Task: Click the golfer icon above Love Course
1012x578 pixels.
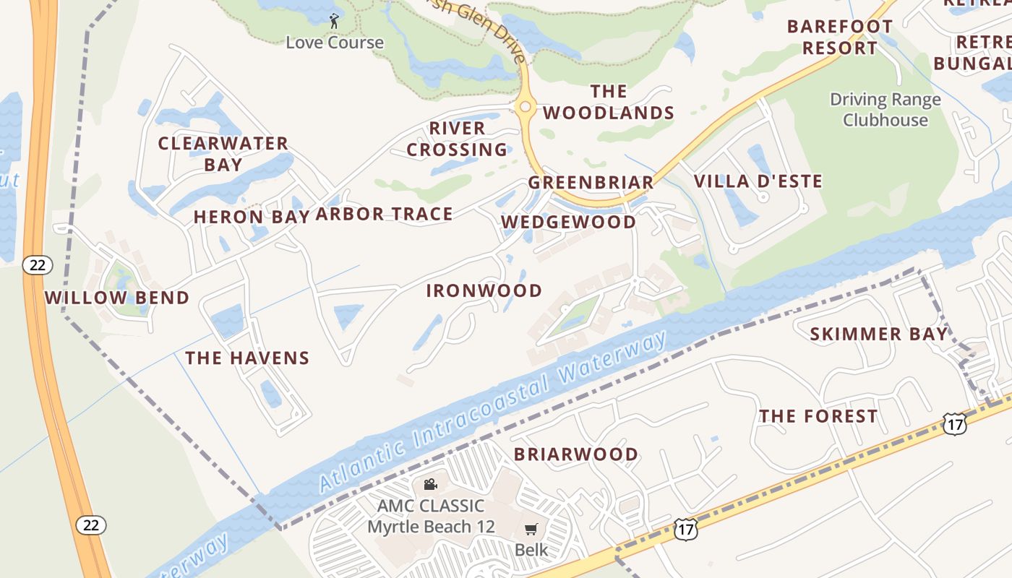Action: click(x=334, y=21)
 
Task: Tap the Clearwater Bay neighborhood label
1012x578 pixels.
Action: click(x=223, y=153)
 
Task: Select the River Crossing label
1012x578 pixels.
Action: click(x=457, y=139)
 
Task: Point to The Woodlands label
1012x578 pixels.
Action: click(x=609, y=102)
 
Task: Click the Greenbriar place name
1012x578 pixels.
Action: click(x=591, y=183)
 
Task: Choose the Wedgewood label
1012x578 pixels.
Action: click(x=569, y=222)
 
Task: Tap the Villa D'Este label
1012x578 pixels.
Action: click(x=758, y=181)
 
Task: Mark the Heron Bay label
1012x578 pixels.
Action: click(x=251, y=217)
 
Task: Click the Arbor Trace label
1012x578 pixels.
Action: click(x=385, y=214)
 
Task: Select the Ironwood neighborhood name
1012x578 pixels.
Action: click(x=484, y=291)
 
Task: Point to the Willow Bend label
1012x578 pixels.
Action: click(x=117, y=298)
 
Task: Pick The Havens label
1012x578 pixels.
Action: click(x=247, y=358)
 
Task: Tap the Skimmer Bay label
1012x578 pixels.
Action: click(x=878, y=334)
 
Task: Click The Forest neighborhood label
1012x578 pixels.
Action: click(x=818, y=416)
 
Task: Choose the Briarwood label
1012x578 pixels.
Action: click(x=576, y=454)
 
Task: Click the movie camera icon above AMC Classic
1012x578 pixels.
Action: click(x=431, y=484)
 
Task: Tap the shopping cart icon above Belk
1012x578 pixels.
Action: click(x=531, y=529)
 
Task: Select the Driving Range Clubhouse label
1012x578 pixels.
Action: click(x=885, y=110)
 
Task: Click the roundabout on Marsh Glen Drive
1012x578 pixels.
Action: click(x=526, y=107)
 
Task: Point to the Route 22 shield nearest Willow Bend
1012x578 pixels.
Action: click(x=37, y=265)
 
